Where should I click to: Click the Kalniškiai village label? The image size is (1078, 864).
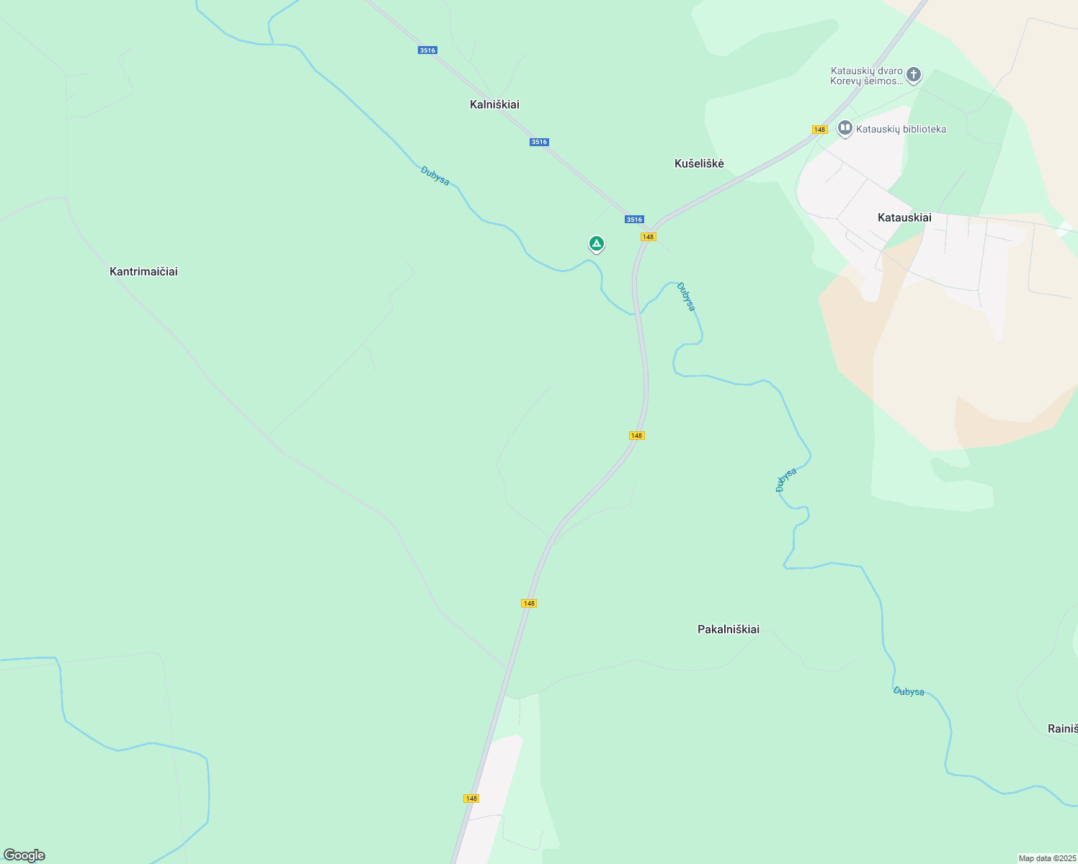pyautogui.click(x=494, y=104)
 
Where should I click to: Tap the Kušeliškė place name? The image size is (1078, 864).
pyautogui.click(x=699, y=163)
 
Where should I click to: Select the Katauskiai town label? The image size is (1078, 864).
pyautogui.click(x=904, y=217)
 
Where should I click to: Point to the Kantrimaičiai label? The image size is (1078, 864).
pyautogui.click(x=143, y=271)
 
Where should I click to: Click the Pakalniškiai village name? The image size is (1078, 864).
pyautogui.click(x=729, y=629)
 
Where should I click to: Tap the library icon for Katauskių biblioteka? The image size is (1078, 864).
pyautogui.click(x=845, y=129)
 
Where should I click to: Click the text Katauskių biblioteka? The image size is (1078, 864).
pyautogui.click(x=901, y=129)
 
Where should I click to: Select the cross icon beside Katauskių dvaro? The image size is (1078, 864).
pyautogui.click(x=914, y=74)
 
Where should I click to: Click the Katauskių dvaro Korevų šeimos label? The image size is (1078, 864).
pyautogui.click(x=866, y=76)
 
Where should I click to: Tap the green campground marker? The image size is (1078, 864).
pyautogui.click(x=596, y=244)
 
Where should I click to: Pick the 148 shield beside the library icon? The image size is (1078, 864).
pyautogui.click(x=819, y=130)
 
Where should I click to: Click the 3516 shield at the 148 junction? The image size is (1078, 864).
pyautogui.click(x=634, y=220)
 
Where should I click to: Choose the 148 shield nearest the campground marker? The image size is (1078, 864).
pyautogui.click(x=648, y=237)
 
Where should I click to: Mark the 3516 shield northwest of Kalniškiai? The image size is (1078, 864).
pyautogui.click(x=427, y=50)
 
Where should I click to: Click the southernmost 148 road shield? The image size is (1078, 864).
pyautogui.click(x=471, y=798)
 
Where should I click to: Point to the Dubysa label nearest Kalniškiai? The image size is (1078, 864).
pyautogui.click(x=435, y=176)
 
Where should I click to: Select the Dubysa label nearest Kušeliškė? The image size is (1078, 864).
pyautogui.click(x=687, y=297)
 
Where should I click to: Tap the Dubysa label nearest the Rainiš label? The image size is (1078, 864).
pyautogui.click(x=909, y=691)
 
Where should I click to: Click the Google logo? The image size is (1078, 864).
pyautogui.click(x=24, y=855)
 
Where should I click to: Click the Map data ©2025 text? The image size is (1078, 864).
pyautogui.click(x=1047, y=858)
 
